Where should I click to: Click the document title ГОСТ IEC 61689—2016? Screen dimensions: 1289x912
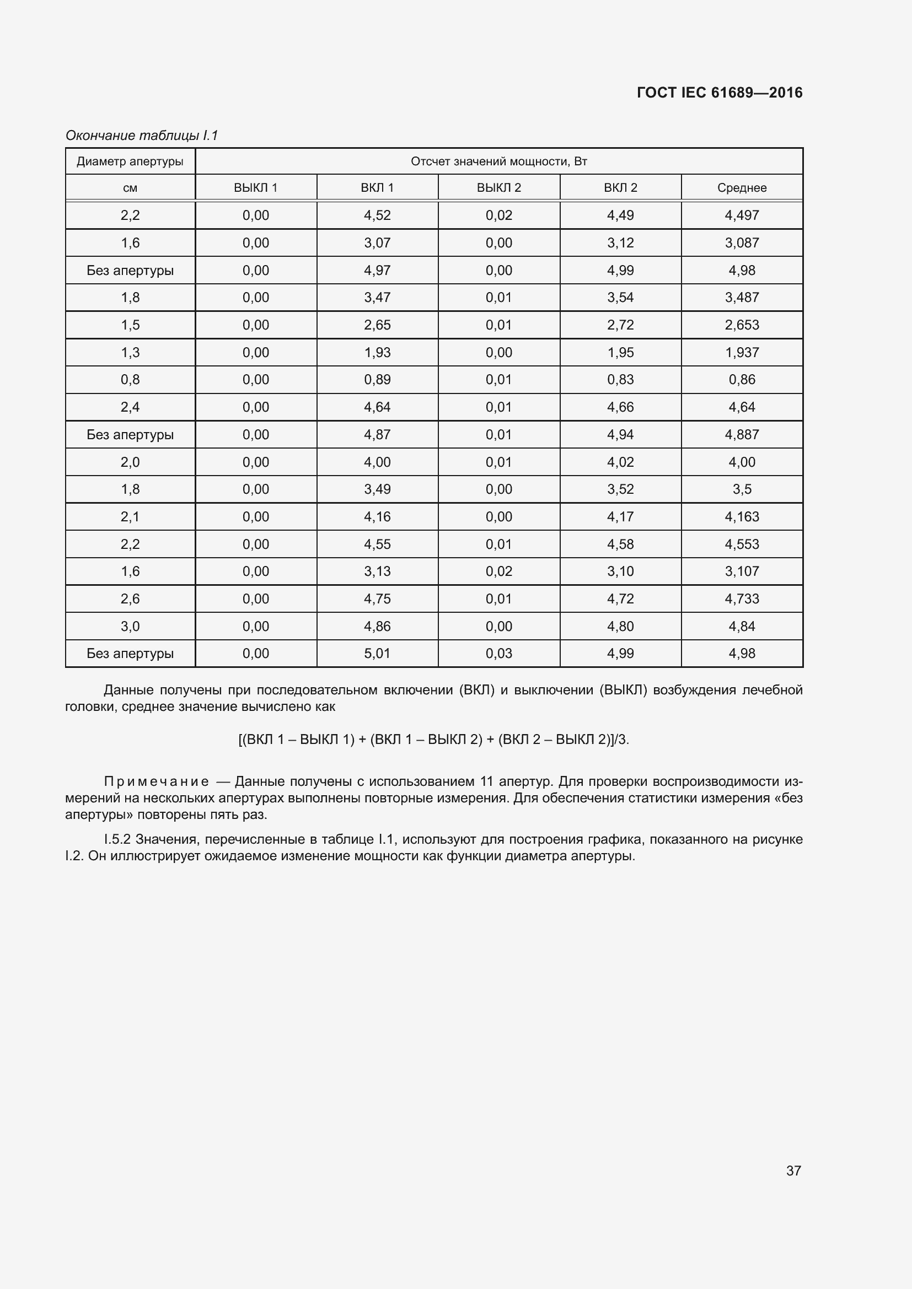click(720, 93)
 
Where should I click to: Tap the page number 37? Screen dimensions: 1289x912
click(793, 1171)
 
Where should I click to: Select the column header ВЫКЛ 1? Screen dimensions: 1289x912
click(255, 187)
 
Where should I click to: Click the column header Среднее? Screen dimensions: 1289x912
click(741, 187)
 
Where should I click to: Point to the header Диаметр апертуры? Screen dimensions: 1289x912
click(130, 161)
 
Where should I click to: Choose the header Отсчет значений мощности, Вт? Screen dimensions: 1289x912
click(498, 161)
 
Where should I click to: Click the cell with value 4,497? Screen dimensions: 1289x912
click(741, 215)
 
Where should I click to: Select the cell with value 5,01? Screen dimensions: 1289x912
click(377, 654)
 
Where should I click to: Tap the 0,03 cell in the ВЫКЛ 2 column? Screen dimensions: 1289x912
click(498, 654)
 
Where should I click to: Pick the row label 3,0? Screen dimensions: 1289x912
click(130, 626)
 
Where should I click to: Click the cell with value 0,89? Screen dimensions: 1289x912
click(377, 380)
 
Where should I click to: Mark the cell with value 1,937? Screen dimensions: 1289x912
click(741, 353)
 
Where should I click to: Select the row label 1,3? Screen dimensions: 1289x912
click(130, 353)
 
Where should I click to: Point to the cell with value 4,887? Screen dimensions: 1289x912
click(741, 434)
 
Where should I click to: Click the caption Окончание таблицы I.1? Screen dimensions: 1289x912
click(142, 136)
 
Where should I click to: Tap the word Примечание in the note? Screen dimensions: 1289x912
click(157, 781)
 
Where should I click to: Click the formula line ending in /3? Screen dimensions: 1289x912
click(433, 740)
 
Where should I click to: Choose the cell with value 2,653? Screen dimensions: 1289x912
click(741, 325)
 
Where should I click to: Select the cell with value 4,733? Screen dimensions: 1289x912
click(741, 598)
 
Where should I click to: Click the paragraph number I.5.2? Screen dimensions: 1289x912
click(117, 839)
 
